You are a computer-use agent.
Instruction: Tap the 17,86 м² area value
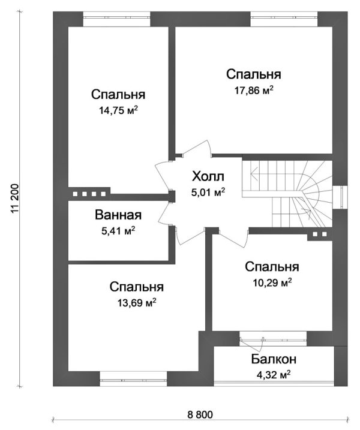[x=253, y=90]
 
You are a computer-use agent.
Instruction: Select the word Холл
[x=208, y=176]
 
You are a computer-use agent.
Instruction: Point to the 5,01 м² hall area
[x=208, y=193]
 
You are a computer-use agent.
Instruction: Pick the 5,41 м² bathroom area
[x=118, y=231]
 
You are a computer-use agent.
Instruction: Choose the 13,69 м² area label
[x=136, y=303]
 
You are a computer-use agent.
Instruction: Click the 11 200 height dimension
[x=15, y=198]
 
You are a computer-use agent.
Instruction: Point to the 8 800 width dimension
[x=200, y=415]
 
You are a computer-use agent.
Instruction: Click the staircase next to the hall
[x=294, y=193]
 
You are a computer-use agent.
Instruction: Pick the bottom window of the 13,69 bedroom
[x=133, y=379]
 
